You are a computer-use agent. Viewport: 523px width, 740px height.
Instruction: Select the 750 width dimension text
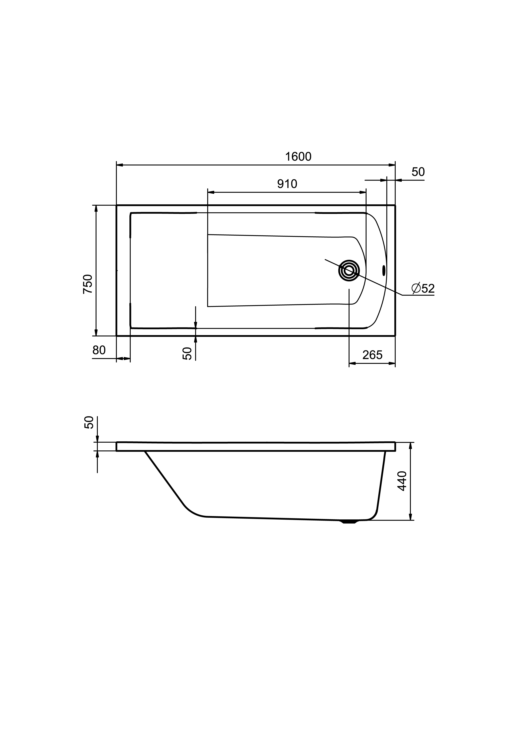click(x=88, y=284)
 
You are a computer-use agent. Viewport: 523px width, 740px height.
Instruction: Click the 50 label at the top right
click(x=418, y=172)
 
